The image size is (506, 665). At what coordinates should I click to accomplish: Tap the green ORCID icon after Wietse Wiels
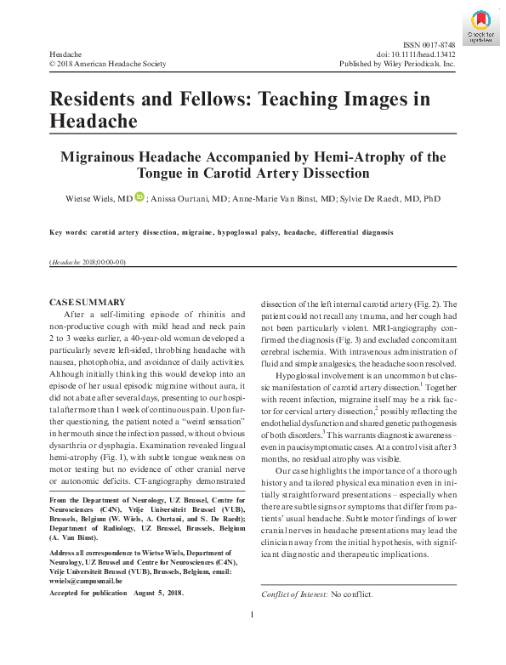(x=140, y=197)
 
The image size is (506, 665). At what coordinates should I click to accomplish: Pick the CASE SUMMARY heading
(x=88, y=303)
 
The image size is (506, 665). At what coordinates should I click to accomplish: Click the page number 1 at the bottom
(x=253, y=614)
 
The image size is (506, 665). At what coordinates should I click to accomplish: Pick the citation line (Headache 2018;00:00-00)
(x=88, y=262)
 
